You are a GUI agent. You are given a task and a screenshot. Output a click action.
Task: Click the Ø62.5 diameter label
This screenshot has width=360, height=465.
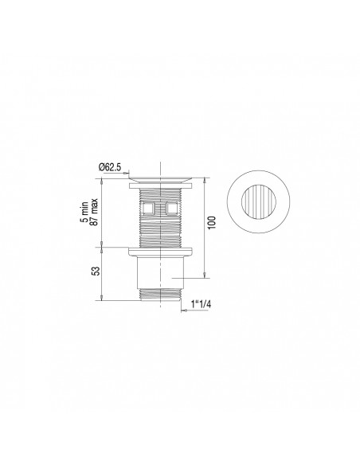tap(109, 166)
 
